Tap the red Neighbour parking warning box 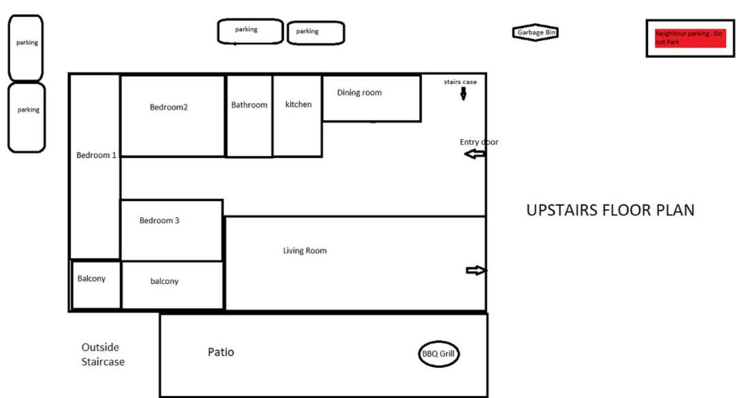tap(690, 38)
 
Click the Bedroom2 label tap(168, 107)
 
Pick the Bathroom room tap(249, 116)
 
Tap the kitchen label tap(298, 104)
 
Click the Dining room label tap(360, 93)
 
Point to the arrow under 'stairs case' tap(463, 94)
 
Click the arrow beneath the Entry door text tap(474, 154)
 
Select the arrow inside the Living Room tap(476, 271)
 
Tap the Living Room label tap(305, 251)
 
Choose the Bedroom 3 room tap(172, 230)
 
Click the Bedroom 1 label tap(96, 155)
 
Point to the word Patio tap(221, 352)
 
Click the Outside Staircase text tap(103, 354)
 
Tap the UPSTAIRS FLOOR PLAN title tap(610, 210)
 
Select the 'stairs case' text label tap(460, 82)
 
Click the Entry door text tap(479, 142)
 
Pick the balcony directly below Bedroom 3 tap(172, 285)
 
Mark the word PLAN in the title tap(675, 210)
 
